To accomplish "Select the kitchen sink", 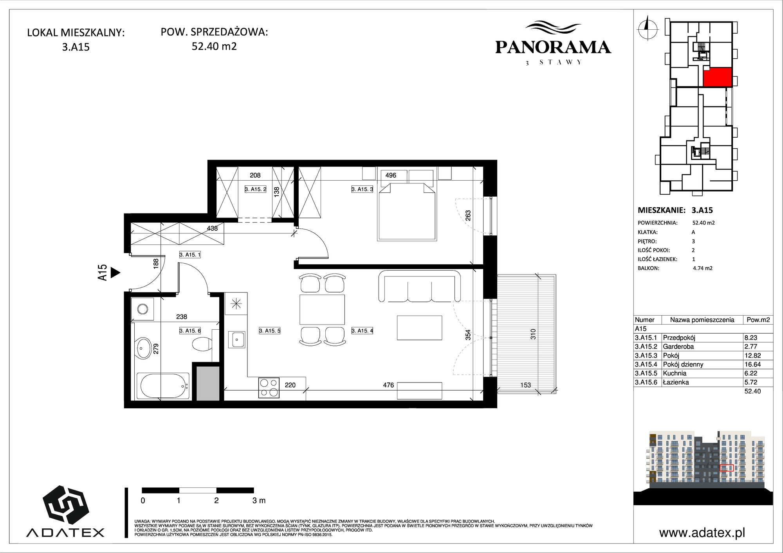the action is click(x=237, y=339).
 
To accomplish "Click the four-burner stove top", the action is click(x=269, y=388).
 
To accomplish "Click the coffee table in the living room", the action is click(x=419, y=328).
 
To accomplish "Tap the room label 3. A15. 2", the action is click(x=255, y=189).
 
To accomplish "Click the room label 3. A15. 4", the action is click(x=362, y=330).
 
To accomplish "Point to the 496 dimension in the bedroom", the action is click(x=391, y=175).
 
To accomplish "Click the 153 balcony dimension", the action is click(x=525, y=385).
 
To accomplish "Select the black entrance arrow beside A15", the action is click(x=115, y=273).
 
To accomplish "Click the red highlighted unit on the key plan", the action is click(x=718, y=77).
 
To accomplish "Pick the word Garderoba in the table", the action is click(x=678, y=347).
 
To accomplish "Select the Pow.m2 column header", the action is click(x=758, y=320).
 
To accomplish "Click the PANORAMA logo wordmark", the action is click(x=553, y=47).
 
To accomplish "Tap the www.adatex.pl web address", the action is click(x=702, y=533).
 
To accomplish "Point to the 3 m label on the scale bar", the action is click(x=259, y=500).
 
